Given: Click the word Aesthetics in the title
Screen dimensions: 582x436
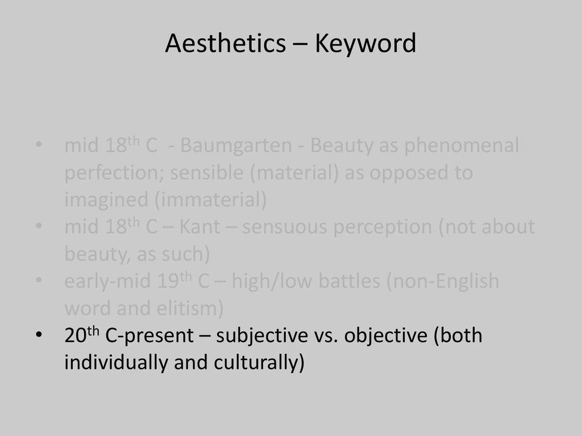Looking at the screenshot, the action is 225,43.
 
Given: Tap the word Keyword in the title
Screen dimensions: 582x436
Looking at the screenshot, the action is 365,44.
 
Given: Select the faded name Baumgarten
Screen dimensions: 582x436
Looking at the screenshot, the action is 236,146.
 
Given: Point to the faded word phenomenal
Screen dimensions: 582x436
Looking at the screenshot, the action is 462,146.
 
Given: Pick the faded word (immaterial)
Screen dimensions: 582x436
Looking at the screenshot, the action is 210,200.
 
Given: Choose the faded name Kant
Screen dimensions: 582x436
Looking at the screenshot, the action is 199,227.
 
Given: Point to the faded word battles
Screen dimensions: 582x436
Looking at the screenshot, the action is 350,281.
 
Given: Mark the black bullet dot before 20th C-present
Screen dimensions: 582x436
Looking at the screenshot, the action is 39,335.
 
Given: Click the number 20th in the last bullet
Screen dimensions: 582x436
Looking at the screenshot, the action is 82,334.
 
